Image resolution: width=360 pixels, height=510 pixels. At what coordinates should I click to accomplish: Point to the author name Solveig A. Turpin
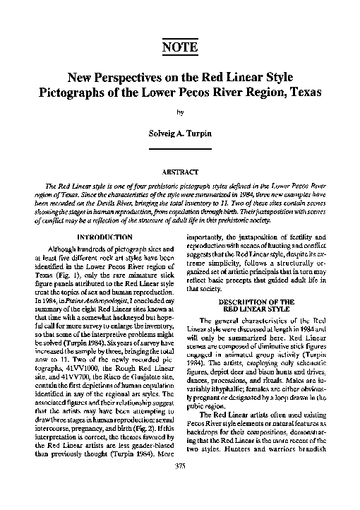pyautogui.click(x=180, y=132)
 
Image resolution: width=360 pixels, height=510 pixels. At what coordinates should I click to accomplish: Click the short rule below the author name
pyautogui.click(x=180, y=148)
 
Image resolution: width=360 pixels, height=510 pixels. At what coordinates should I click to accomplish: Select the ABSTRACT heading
pyautogui.click(x=180, y=172)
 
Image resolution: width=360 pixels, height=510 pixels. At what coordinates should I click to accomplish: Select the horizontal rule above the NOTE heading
pyautogui.click(x=179, y=35)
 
